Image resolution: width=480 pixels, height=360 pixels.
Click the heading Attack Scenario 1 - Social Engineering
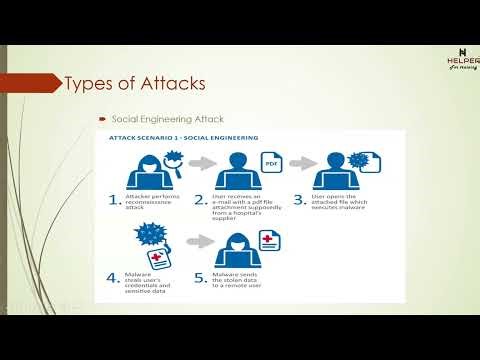[x=176, y=137]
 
